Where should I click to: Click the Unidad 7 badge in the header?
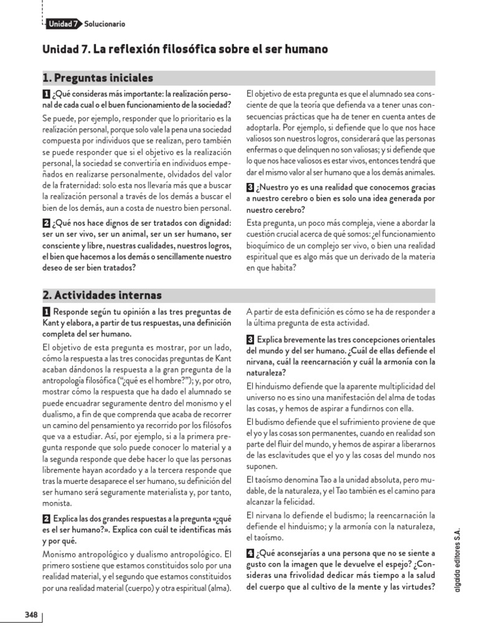[x=62, y=24]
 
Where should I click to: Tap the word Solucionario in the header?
[x=105, y=24]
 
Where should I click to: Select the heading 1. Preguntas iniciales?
[x=98, y=78]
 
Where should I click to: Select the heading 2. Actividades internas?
[x=103, y=295]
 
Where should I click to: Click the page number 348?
[x=32, y=615]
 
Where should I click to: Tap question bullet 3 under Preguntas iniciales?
[x=250, y=187]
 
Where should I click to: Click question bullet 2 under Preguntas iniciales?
[x=46, y=223]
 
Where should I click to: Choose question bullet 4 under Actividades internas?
[x=250, y=552]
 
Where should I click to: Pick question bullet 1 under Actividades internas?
[x=46, y=312]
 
